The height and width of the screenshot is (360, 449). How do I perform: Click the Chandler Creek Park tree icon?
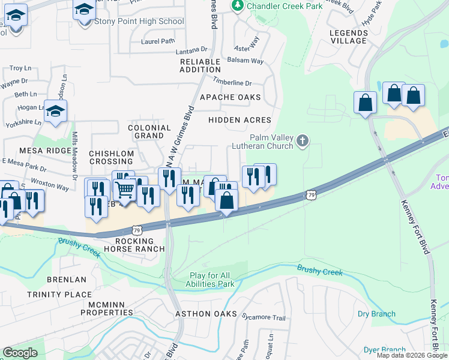click(x=238, y=5)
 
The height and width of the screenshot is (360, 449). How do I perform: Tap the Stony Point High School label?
click(x=139, y=22)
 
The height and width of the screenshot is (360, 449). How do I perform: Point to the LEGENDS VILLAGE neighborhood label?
click(x=348, y=37)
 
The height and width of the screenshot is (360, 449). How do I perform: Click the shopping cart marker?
click(x=124, y=190)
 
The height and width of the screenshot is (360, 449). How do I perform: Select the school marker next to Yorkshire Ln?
click(x=55, y=111)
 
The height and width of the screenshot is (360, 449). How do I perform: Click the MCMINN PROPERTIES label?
click(x=107, y=308)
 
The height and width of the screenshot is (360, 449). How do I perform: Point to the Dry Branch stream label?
click(x=376, y=314)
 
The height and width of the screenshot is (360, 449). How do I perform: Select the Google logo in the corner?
click(x=20, y=353)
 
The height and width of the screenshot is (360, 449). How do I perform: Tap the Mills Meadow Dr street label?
click(x=74, y=156)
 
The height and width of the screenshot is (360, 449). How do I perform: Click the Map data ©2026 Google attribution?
click(x=411, y=355)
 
